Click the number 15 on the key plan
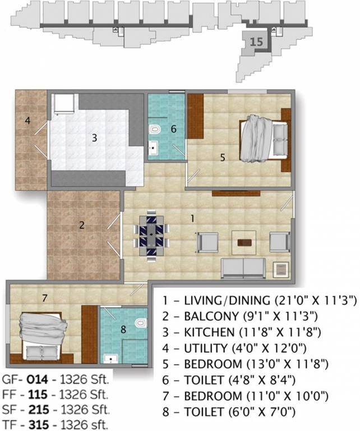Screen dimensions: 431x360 256,42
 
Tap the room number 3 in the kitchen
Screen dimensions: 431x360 95,136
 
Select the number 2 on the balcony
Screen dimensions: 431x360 82,226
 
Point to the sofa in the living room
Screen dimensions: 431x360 243,268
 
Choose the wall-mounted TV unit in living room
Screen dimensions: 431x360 236,194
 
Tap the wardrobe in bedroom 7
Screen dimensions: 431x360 89,333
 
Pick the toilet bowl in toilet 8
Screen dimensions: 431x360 140,324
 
